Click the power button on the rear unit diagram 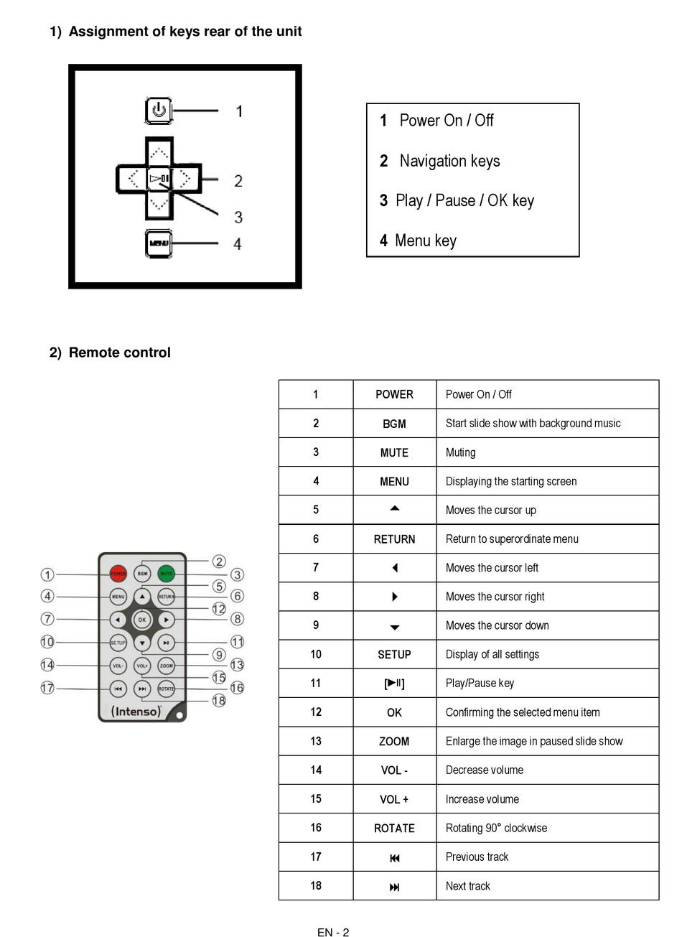pos(159,111)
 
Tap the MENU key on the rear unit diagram pos(159,243)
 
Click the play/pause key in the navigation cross pos(159,179)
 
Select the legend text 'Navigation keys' pos(449,161)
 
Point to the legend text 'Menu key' pos(425,241)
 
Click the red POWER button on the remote pos(118,574)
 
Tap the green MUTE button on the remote pos(166,574)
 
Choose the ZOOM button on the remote pos(166,666)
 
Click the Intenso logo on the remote pos(136,712)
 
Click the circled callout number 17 pos(47,688)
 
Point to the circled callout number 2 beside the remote pos(219,561)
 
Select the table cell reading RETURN pos(394,539)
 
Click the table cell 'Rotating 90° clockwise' pos(496,828)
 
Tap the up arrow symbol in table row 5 pos(394,508)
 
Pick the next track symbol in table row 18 pos(394,887)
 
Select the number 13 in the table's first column pos(316,741)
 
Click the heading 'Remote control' pos(119,353)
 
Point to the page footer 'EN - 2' pos(333,932)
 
